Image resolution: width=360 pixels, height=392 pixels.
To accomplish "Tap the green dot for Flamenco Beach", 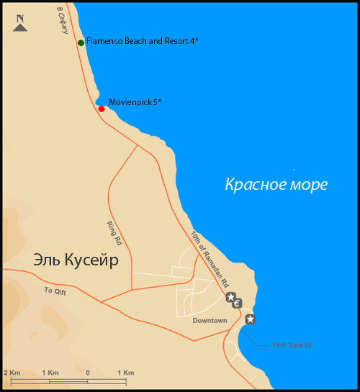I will click(81, 43).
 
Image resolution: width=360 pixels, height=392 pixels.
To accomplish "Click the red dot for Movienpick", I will click(102, 109).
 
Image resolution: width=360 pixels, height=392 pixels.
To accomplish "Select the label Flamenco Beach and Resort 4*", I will click(142, 42).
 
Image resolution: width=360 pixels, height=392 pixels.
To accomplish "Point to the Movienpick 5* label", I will click(135, 102).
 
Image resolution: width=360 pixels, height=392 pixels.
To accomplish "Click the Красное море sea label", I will click(276, 185).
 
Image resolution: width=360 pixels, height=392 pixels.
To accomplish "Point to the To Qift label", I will click(54, 291).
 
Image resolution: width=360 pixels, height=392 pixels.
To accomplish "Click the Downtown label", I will click(210, 320).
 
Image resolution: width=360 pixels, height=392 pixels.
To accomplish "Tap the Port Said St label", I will click(292, 345).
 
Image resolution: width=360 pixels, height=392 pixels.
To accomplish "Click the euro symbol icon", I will click(238, 303).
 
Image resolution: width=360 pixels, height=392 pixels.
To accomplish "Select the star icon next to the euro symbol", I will click(230, 297).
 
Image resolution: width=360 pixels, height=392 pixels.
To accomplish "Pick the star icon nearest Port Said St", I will click(250, 319).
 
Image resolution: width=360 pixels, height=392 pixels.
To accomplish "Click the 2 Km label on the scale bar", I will click(11, 372).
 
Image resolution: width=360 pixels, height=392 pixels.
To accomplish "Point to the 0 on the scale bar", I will click(87, 372).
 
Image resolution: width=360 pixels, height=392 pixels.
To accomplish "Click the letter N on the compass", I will click(20, 20).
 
